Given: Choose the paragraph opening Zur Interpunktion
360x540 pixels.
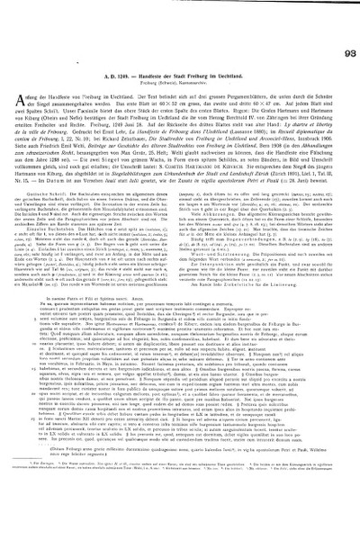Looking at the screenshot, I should coord(216,203).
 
